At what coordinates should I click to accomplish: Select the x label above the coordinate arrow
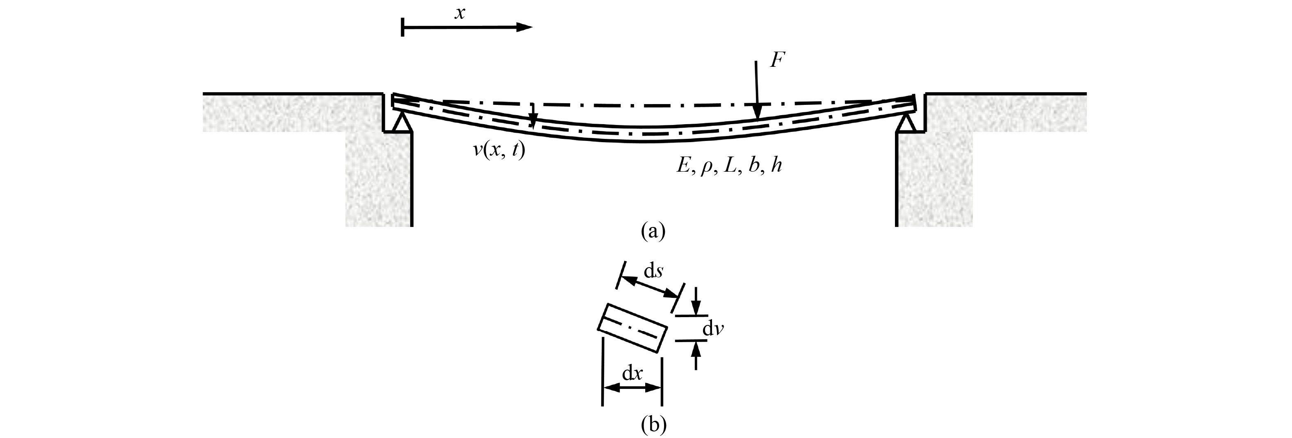click(459, 13)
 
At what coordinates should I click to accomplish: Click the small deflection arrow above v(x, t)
click(533, 116)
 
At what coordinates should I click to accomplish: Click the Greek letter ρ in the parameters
click(707, 168)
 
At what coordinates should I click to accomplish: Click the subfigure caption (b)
click(653, 424)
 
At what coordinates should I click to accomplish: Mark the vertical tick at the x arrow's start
click(403, 27)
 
